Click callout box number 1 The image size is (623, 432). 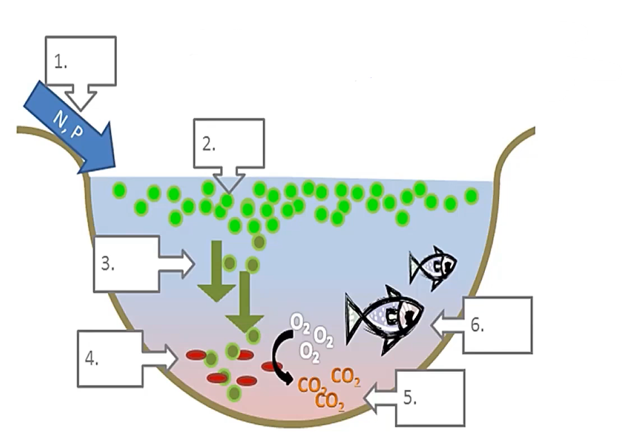point(81,62)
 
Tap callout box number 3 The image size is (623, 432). point(127,264)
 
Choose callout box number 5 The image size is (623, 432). point(430,397)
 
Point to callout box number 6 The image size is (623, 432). point(497,325)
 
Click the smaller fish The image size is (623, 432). point(433,267)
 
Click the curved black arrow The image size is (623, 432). point(280,356)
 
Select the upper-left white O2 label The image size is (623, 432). point(297,322)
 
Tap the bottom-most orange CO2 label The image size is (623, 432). point(330,401)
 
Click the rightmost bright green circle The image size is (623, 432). point(471,195)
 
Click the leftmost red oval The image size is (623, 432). point(196,355)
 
